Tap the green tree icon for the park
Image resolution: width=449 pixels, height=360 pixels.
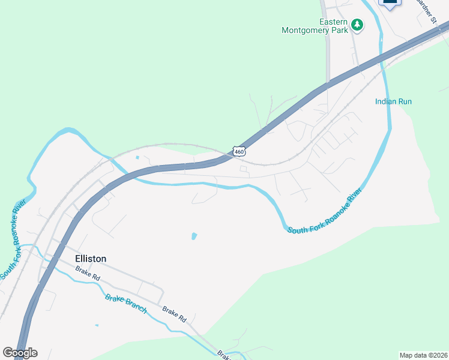click(x=358, y=25)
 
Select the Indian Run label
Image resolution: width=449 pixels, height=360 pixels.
click(x=393, y=101)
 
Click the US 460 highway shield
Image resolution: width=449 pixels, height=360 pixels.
click(x=240, y=152)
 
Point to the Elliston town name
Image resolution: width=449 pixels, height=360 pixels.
click(x=91, y=259)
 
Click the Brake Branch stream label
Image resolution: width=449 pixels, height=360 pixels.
click(x=126, y=303)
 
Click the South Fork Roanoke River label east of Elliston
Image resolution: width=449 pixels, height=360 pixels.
click(x=325, y=212)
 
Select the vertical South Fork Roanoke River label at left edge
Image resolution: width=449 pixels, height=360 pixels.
click(x=11, y=239)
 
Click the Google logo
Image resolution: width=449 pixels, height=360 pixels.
click(x=20, y=353)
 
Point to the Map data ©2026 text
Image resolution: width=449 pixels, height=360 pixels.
click(x=423, y=355)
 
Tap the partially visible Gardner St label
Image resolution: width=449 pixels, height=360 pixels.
click(x=426, y=11)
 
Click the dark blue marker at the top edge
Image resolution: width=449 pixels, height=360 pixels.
click(x=390, y=3)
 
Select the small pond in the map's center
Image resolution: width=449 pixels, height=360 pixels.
click(x=194, y=236)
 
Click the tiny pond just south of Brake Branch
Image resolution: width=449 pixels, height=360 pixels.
click(x=97, y=326)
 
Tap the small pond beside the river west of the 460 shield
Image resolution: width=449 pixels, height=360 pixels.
click(x=137, y=158)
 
